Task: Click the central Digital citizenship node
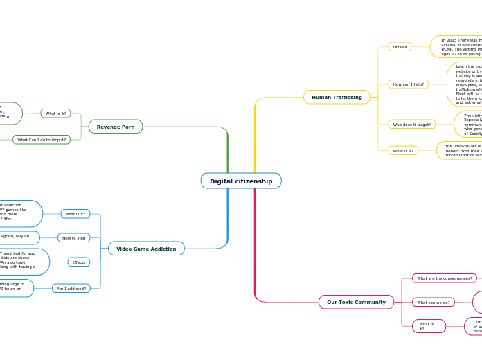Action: (x=241, y=181)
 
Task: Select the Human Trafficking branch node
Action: (x=337, y=97)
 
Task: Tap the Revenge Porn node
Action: (x=116, y=127)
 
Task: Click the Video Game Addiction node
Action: (x=146, y=249)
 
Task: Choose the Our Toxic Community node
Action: (x=356, y=302)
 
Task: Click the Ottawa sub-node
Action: (x=400, y=47)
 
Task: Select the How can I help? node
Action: (x=408, y=84)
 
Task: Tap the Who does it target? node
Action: (x=411, y=125)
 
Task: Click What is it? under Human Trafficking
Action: (x=403, y=151)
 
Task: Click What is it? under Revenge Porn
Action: (x=55, y=114)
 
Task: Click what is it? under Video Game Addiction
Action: (x=75, y=214)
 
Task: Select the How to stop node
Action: (x=74, y=238)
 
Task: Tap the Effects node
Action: (x=79, y=262)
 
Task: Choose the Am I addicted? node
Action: (x=71, y=288)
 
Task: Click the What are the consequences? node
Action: (x=444, y=278)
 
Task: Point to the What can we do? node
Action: (x=433, y=303)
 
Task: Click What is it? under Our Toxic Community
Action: (x=428, y=326)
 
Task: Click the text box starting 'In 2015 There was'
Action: (x=457, y=46)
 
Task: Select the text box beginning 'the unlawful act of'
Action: (x=461, y=151)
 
